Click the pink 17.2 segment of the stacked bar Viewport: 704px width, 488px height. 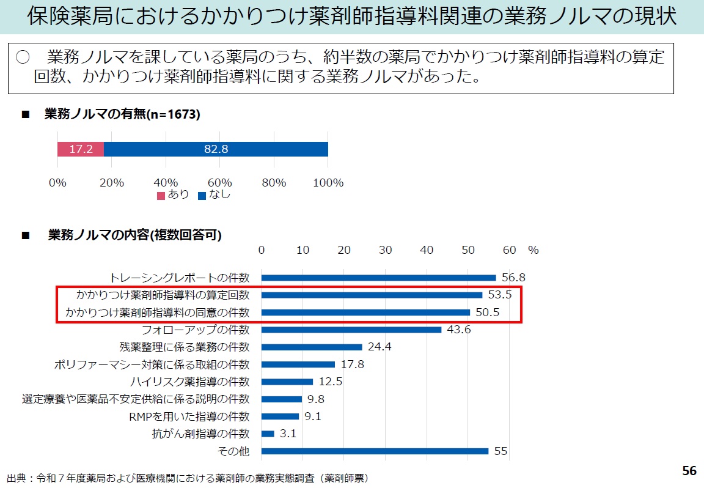tap(81, 149)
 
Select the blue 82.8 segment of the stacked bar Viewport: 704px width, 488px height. tap(216, 149)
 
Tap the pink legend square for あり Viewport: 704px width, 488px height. tap(161, 196)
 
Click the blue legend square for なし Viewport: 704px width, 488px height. tap(202, 196)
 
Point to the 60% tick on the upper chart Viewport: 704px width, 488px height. tap(220, 183)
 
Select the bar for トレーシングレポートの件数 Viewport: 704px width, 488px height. tap(378, 278)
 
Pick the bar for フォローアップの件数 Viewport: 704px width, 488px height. tap(351, 330)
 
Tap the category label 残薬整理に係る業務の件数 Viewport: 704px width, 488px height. tap(185, 347)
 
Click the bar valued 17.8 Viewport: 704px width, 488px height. tap(298, 364)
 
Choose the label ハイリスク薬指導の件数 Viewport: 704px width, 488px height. tap(190, 382)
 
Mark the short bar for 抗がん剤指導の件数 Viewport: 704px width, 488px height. tap(268, 434)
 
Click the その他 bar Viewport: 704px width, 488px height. tap(375, 451)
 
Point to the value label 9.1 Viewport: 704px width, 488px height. tap(313, 416)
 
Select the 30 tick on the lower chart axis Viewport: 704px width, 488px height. tap(385, 250)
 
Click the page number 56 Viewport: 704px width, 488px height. tap(689, 471)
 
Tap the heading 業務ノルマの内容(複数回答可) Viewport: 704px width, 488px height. tap(134, 235)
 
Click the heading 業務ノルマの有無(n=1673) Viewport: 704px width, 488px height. tap(122, 114)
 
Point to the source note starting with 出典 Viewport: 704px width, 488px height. tap(187, 477)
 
